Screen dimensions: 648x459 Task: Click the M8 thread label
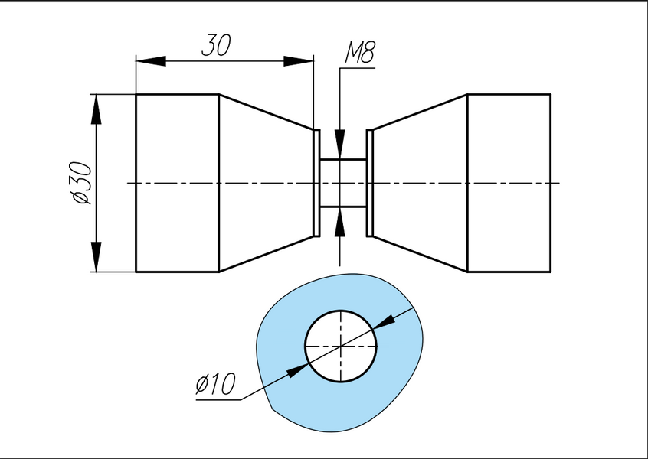point(360,53)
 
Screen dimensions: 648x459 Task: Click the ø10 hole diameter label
point(215,383)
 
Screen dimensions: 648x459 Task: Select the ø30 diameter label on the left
point(80,183)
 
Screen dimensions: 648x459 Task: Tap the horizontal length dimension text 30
point(217,45)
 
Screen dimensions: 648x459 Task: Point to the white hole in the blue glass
point(341,346)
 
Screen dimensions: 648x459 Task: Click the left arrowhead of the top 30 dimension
point(151,61)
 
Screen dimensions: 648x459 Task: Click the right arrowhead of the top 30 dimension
point(299,61)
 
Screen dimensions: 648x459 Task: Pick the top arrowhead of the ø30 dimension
point(96,109)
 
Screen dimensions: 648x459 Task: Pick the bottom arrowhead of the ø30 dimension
point(96,257)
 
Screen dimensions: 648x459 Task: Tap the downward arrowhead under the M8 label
point(340,144)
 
